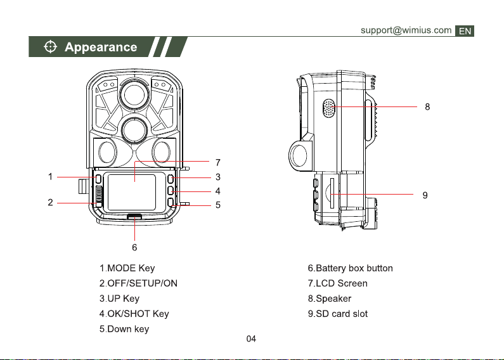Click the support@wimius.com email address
click(x=406, y=30)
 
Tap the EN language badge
click(x=465, y=30)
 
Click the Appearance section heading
click(x=101, y=48)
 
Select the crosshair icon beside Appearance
click(x=49, y=48)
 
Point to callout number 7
click(x=217, y=163)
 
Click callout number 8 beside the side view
click(x=428, y=107)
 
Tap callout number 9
click(x=425, y=195)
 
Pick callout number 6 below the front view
click(x=134, y=247)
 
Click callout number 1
click(x=50, y=177)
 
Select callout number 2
click(x=49, y=203)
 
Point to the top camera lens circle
click(x=134, y=93)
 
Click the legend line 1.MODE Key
click(x=127, y=269)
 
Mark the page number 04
click(x=251, y=338)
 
